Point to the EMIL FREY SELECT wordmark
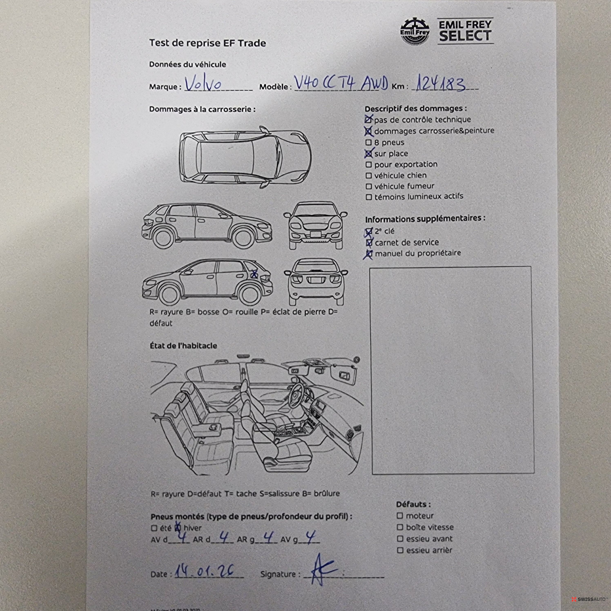(465, 31)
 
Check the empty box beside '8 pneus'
(368, 143)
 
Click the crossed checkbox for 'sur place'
(368, 154)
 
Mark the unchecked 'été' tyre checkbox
(154, 528)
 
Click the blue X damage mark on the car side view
(254, 274)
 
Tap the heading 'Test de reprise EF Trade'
(207, 43)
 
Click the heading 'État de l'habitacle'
(183, 346)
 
